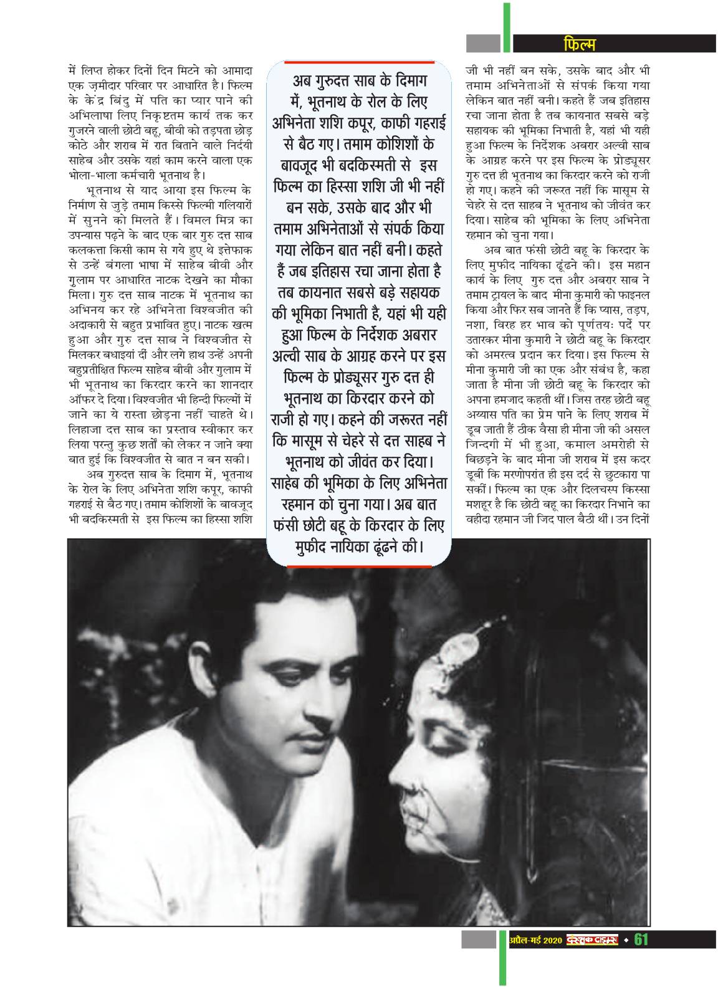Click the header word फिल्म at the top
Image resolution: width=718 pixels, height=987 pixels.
(579, 44)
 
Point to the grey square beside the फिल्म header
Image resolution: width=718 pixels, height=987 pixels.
(483, 43)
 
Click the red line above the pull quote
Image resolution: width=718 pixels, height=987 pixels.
(359, 62)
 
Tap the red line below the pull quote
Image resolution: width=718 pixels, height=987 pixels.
(359, 565)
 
